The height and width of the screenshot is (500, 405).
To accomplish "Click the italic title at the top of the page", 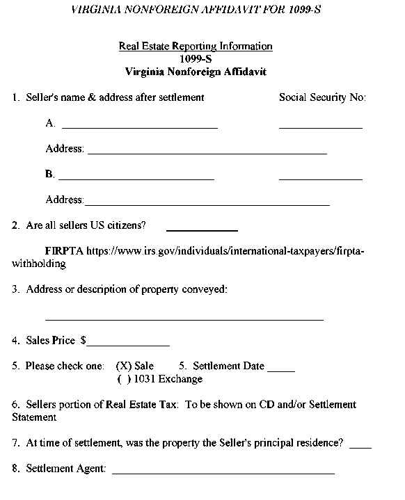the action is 196,10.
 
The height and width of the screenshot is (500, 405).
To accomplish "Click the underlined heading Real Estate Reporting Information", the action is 196,47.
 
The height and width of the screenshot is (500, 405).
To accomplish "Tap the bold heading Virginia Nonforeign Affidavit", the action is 196,72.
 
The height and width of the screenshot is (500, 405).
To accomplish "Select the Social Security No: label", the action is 322,98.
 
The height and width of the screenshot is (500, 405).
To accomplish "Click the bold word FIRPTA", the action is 64,251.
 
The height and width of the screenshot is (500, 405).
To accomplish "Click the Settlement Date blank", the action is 281,369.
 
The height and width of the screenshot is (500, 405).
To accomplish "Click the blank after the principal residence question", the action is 360,446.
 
